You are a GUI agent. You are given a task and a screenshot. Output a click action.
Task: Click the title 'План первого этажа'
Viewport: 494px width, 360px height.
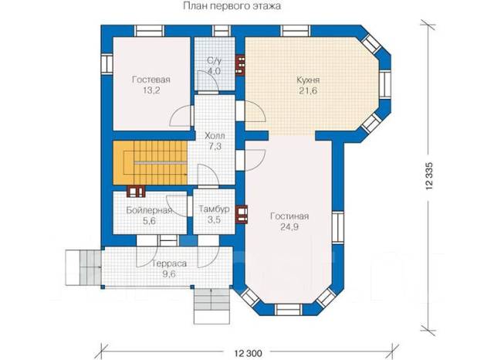pyautogui.click(x=232, y=6)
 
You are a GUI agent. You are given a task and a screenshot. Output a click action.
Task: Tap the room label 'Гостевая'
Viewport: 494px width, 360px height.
pyautogui.click(x=151, y=80)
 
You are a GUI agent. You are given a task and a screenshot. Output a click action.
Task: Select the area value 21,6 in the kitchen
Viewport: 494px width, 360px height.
pyautogui.click(x=308, y=91)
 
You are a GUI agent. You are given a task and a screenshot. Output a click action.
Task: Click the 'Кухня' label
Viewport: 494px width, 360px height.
pyautogui.click(x=308, y=80)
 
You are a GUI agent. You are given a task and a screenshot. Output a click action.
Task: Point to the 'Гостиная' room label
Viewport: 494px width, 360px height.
pyautogui.click(x=289, y=216)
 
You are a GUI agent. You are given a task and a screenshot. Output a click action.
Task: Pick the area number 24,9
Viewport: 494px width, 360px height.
pyautogui.click(x=289, y=227)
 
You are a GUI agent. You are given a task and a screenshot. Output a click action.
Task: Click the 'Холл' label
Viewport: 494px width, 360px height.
pyautogui.click(x=215, y=136)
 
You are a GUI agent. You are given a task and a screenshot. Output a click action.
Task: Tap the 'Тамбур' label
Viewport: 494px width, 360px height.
pyautogui.click(x=214, y=209)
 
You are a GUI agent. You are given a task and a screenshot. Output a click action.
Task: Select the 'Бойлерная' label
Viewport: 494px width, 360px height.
pyautogui.click(x=149, y=210)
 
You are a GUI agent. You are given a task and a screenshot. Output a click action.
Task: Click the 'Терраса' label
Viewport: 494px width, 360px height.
pyautogui.click(x=169, y=264)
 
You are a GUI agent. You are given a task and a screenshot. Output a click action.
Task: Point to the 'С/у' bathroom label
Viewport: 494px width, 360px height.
pyautogui.click(x=215, y=60)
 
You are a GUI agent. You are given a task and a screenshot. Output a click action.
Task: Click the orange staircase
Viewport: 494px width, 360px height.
pyautogui.click(x=151, y=163)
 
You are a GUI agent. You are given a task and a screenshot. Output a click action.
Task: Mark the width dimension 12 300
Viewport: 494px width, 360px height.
pyautogui.click(x=248, y=353)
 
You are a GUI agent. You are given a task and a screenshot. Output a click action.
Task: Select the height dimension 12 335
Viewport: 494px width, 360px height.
pyautogui.click(x=429, y=176)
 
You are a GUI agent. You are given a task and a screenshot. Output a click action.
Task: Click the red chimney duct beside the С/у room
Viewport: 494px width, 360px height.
pyautogui.click(x=240, y=66)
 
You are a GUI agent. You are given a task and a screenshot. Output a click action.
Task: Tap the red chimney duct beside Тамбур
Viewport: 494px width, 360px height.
pyautogui.click(x=242, y=214)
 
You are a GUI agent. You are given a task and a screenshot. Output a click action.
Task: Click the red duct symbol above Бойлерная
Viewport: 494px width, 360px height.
pyautogui.click(x=136, y=192)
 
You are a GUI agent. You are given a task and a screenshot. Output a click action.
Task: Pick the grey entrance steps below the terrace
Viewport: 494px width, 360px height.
pyautogui.click(x=211, y=306)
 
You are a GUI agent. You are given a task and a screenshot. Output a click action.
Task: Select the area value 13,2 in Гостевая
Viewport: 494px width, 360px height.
pyautogui.click(x=151, y=91)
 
